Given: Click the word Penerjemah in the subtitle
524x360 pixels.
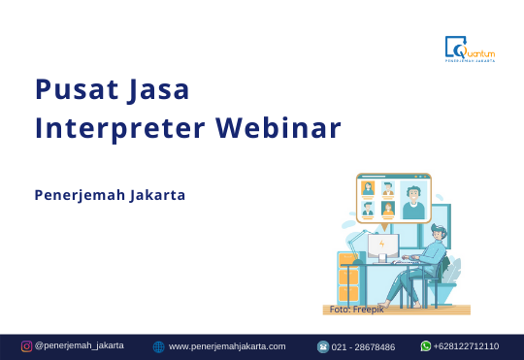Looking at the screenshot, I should [80, 195].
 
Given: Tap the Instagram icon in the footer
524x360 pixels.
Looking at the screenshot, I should [27, 346].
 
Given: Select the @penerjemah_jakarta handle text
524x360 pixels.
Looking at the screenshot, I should [79, 345].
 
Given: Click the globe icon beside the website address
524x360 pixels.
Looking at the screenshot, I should [159, 346].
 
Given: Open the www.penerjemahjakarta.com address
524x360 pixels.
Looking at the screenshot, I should [227, 346].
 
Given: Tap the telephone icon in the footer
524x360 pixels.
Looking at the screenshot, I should [323, 346].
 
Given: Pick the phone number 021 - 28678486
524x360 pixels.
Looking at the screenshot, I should [364, 346].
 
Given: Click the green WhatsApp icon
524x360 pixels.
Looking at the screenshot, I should [425, 345].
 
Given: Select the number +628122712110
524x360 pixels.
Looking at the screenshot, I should [467, 345].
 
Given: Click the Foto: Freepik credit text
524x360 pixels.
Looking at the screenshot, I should [356, 309].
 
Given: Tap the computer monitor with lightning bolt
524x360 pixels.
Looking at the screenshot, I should [382, 245].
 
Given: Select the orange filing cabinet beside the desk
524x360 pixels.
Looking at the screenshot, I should [348, 281].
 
